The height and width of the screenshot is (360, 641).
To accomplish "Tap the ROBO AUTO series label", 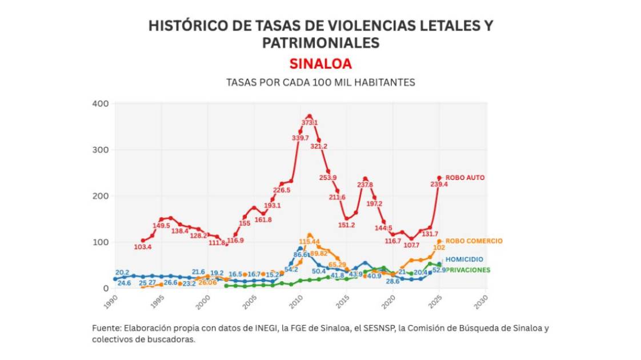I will click(x=465, y=178).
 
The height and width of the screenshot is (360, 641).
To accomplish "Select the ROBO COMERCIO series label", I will click(x=474, y=241).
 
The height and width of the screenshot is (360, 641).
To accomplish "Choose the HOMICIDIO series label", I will click(x=464, y=259).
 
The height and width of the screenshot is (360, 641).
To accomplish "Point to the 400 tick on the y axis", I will click(x=100, y=103).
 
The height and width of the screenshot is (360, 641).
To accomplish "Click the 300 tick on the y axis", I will click(x=100, y=150).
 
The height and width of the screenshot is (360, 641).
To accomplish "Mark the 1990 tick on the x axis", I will click(x=114, y=301).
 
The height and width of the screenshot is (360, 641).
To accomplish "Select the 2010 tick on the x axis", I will click(x=298, y=301).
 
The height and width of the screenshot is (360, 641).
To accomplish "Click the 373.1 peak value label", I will click(x=310, y=123).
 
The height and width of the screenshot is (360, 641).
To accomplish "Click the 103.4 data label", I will click(x=142, y=247).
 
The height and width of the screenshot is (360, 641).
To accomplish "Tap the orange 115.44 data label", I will click(x=309, y=242).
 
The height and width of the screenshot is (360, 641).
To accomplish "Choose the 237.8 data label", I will click(x=364, y=185).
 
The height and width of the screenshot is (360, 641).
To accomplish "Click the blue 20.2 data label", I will click(x=122, y=273).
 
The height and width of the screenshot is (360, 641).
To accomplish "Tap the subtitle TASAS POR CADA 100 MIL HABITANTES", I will click(x=320, y=82).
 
